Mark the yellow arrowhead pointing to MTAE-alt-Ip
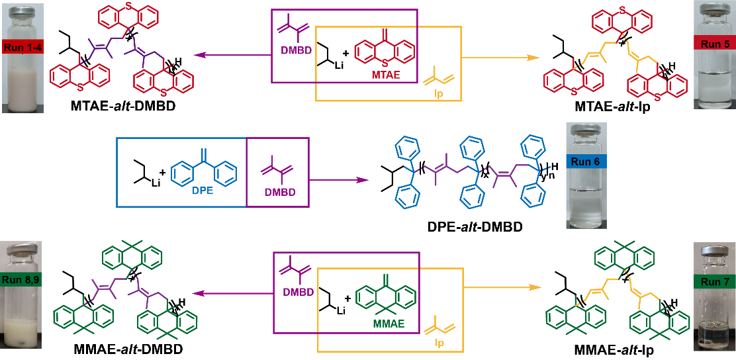click(531, 58)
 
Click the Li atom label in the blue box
click(156, 182)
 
